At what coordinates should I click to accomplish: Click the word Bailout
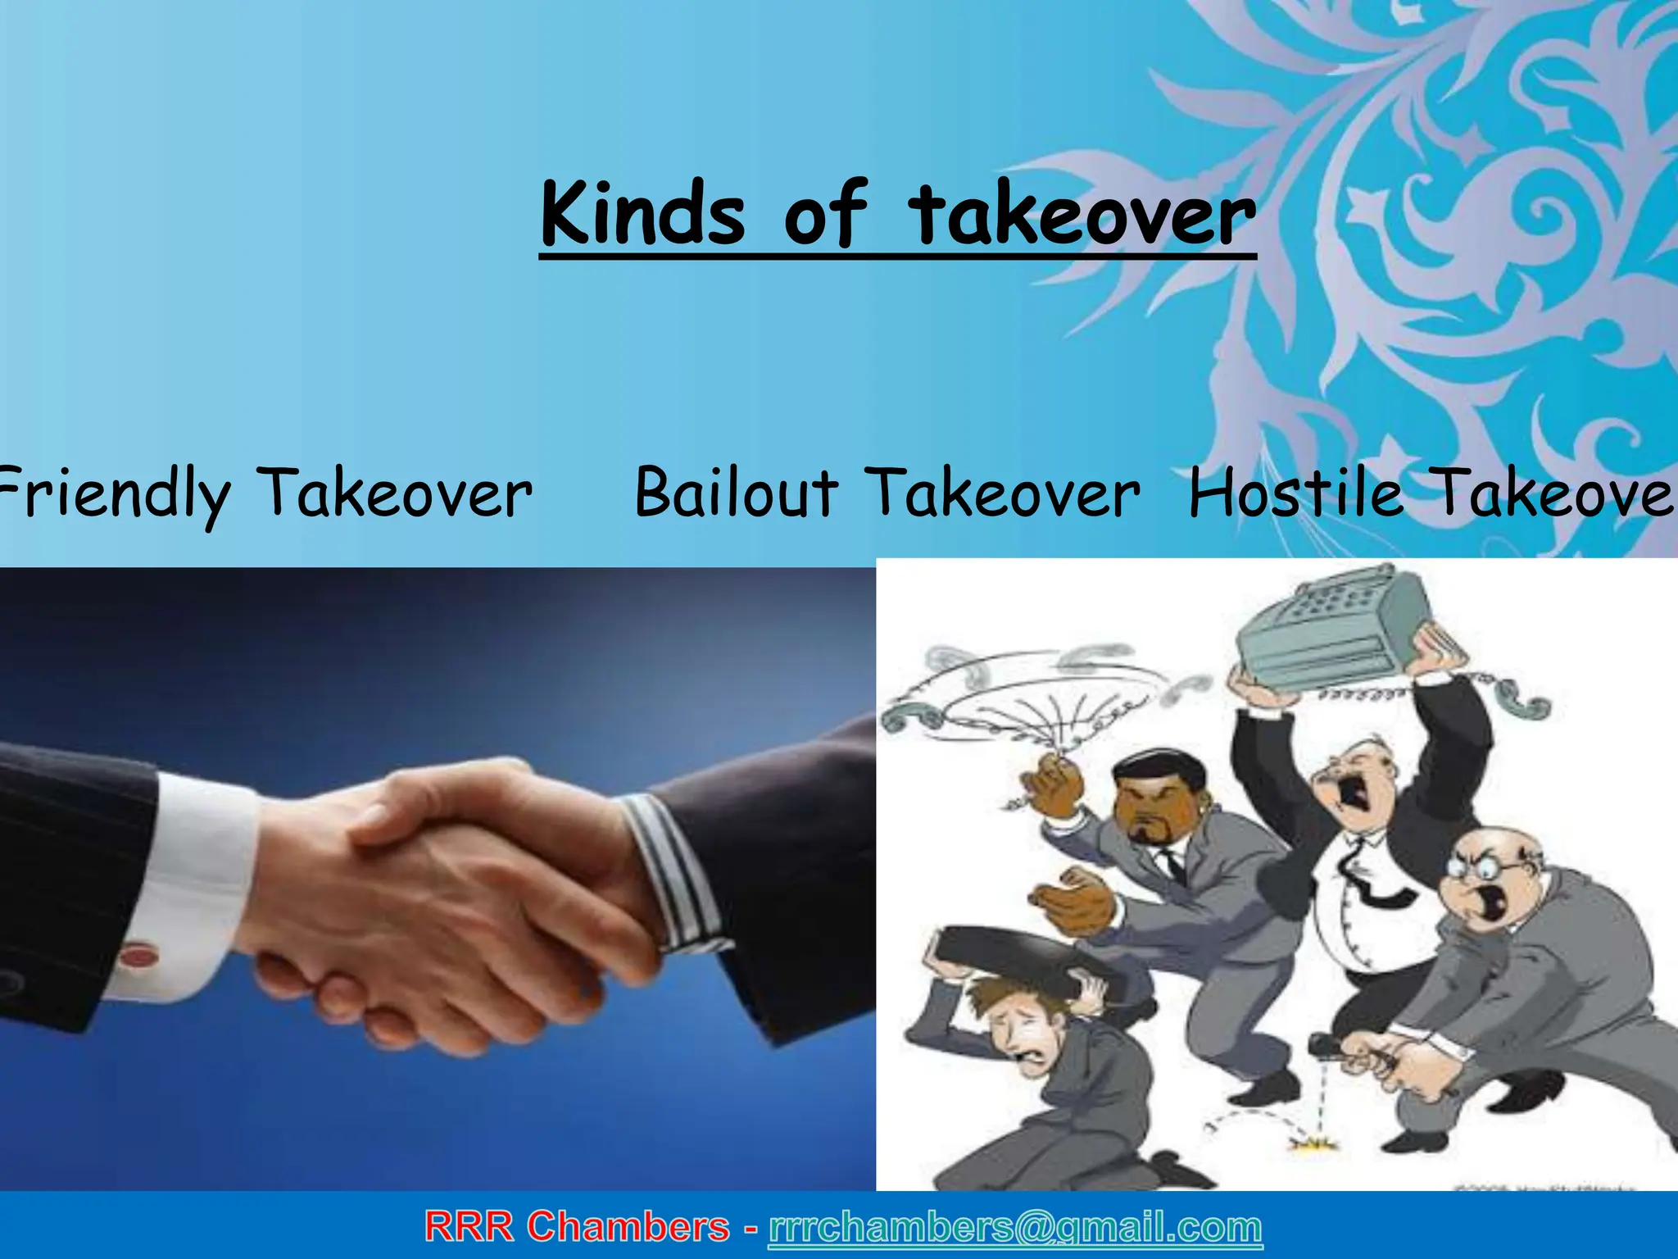[x=736, y=493]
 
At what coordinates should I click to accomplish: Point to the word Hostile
[x=1295, y=493]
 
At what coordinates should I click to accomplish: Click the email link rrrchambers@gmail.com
[x=1015, y=1227]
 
